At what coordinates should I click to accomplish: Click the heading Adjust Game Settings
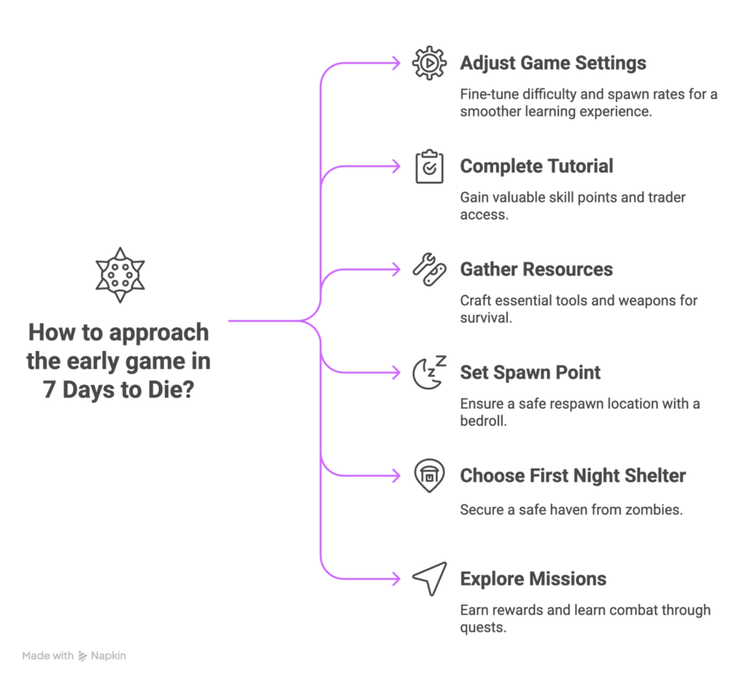click(x=552, y=64)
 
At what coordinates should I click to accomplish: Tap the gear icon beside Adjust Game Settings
click(x=428, y=64)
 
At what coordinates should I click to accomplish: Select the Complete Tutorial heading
click(x=536, y=167)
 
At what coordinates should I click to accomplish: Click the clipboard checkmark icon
click(x=428, y=167)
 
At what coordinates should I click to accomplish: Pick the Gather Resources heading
click(x=536, y=270)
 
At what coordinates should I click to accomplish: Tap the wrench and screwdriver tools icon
click(x=428, y=270)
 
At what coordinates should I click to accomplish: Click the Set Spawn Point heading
click(x=530, y=372)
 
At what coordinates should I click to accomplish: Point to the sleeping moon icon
click(x=428, y=372)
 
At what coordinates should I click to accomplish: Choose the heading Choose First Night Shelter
click(x=572, y=475)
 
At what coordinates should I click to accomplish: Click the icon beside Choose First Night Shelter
click(x=428, y=475)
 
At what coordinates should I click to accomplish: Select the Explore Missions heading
click(x=533, y=578)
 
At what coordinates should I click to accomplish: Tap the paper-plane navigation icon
click(x=428, y=578)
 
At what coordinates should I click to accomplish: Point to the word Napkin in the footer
click(x=103, y=655)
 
